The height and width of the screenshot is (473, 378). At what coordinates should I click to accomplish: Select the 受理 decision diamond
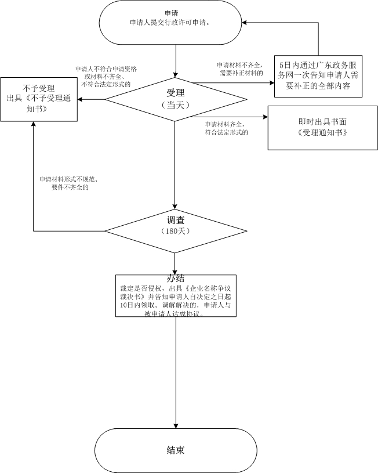175,99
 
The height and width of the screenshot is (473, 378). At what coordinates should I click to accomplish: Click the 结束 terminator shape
176,450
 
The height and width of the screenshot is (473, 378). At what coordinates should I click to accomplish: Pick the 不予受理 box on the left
39,99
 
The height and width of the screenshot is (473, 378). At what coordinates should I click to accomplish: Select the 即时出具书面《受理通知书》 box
318,128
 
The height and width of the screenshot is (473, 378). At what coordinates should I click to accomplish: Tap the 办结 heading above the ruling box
175,278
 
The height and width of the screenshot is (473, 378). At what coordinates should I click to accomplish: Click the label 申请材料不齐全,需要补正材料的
240,69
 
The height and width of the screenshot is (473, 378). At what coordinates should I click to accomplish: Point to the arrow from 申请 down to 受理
175,61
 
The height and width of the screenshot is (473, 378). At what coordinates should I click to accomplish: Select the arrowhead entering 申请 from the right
246,23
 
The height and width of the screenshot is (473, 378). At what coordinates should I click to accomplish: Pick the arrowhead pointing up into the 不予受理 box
33,125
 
